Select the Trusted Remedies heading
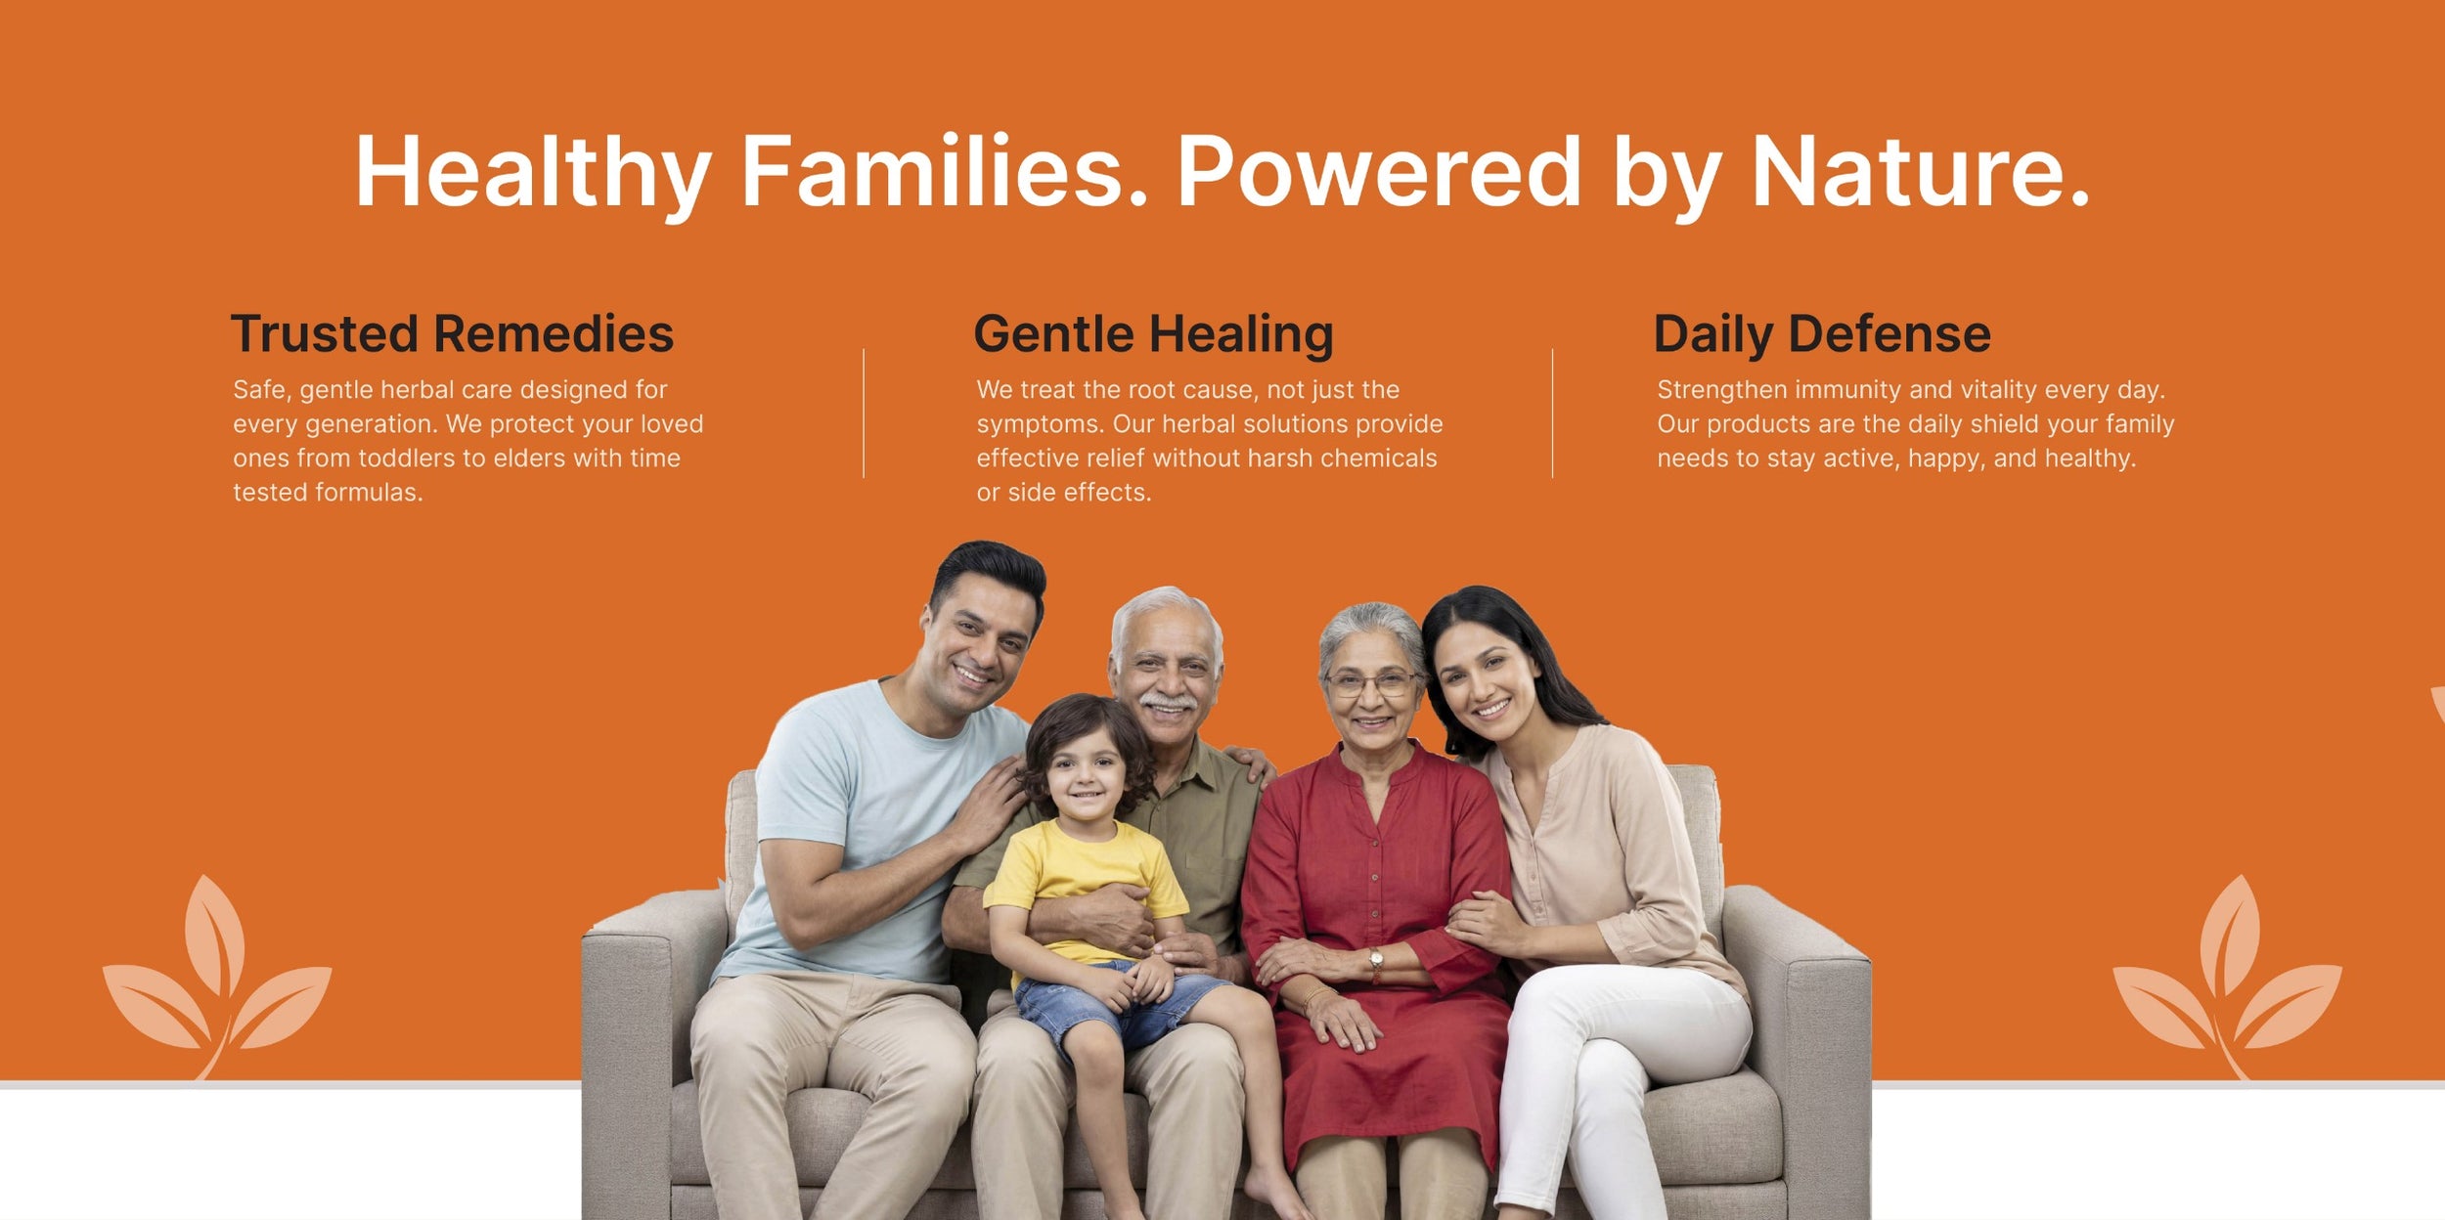[x=452, y=334]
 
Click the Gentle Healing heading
[x=1153, y=334]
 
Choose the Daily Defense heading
[x=1821, y=334]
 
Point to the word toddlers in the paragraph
[x=403, y=458]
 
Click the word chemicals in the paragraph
[x=1378, y=458]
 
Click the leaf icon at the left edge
[x=217, y=978]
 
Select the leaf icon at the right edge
[x=2227, y=978]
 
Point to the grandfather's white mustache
[x=1168, y=702]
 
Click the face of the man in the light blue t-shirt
[x=978, y=650]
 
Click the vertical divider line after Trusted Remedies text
[x=864, y=413]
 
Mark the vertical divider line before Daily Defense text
[x=1552, y=413]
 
